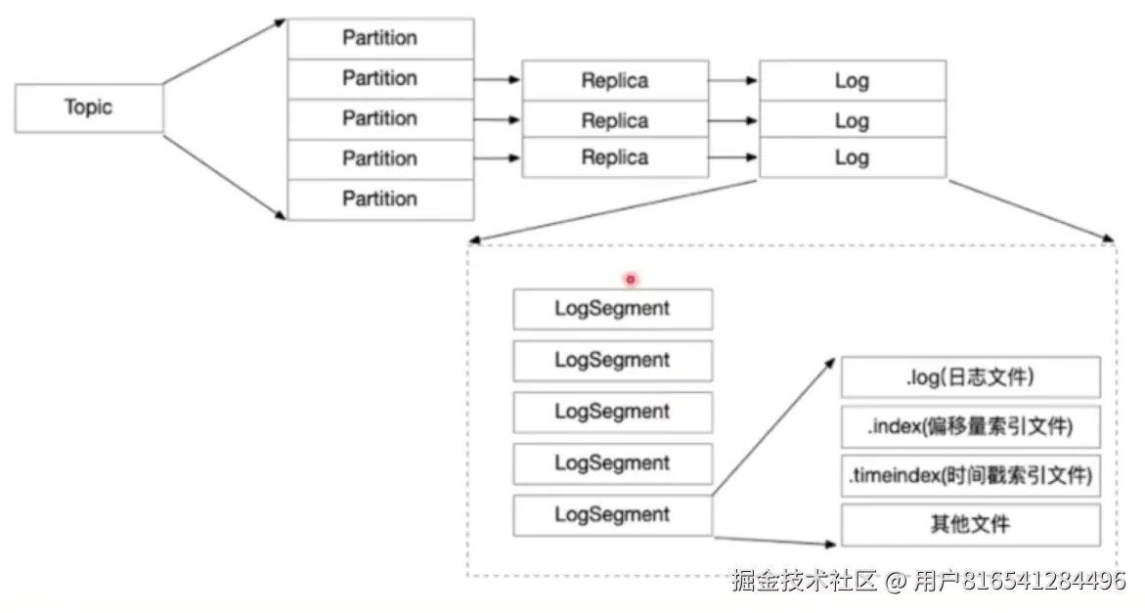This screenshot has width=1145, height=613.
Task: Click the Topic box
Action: (x=88, y=108)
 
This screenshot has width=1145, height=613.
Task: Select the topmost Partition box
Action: (x=379, y=38)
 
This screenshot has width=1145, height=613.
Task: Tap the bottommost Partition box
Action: (x=379, y=199)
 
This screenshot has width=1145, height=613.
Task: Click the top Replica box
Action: (x=614, y=81)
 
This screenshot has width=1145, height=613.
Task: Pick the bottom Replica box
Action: (x=614, y=158)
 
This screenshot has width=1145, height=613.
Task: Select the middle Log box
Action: (x=852, y=120)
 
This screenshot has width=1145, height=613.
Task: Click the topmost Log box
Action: (x=852, y=81)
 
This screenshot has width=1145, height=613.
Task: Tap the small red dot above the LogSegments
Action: (x=631, y=279)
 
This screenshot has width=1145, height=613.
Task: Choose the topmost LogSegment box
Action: (x=612, y=309)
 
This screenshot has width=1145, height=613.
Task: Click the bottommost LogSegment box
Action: (x=612, y=515)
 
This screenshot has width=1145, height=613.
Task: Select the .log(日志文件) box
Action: (x=970, y=376)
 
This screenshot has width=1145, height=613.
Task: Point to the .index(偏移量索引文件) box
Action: (x=970, y=427)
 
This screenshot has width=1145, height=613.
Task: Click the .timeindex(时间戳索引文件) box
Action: (x=970, y=478)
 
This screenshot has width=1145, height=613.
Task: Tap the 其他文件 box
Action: (x=970, y=525)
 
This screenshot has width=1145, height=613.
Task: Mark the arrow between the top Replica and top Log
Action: (x=733, y=80)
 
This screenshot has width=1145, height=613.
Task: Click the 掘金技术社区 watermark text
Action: (x=804, y=581)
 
